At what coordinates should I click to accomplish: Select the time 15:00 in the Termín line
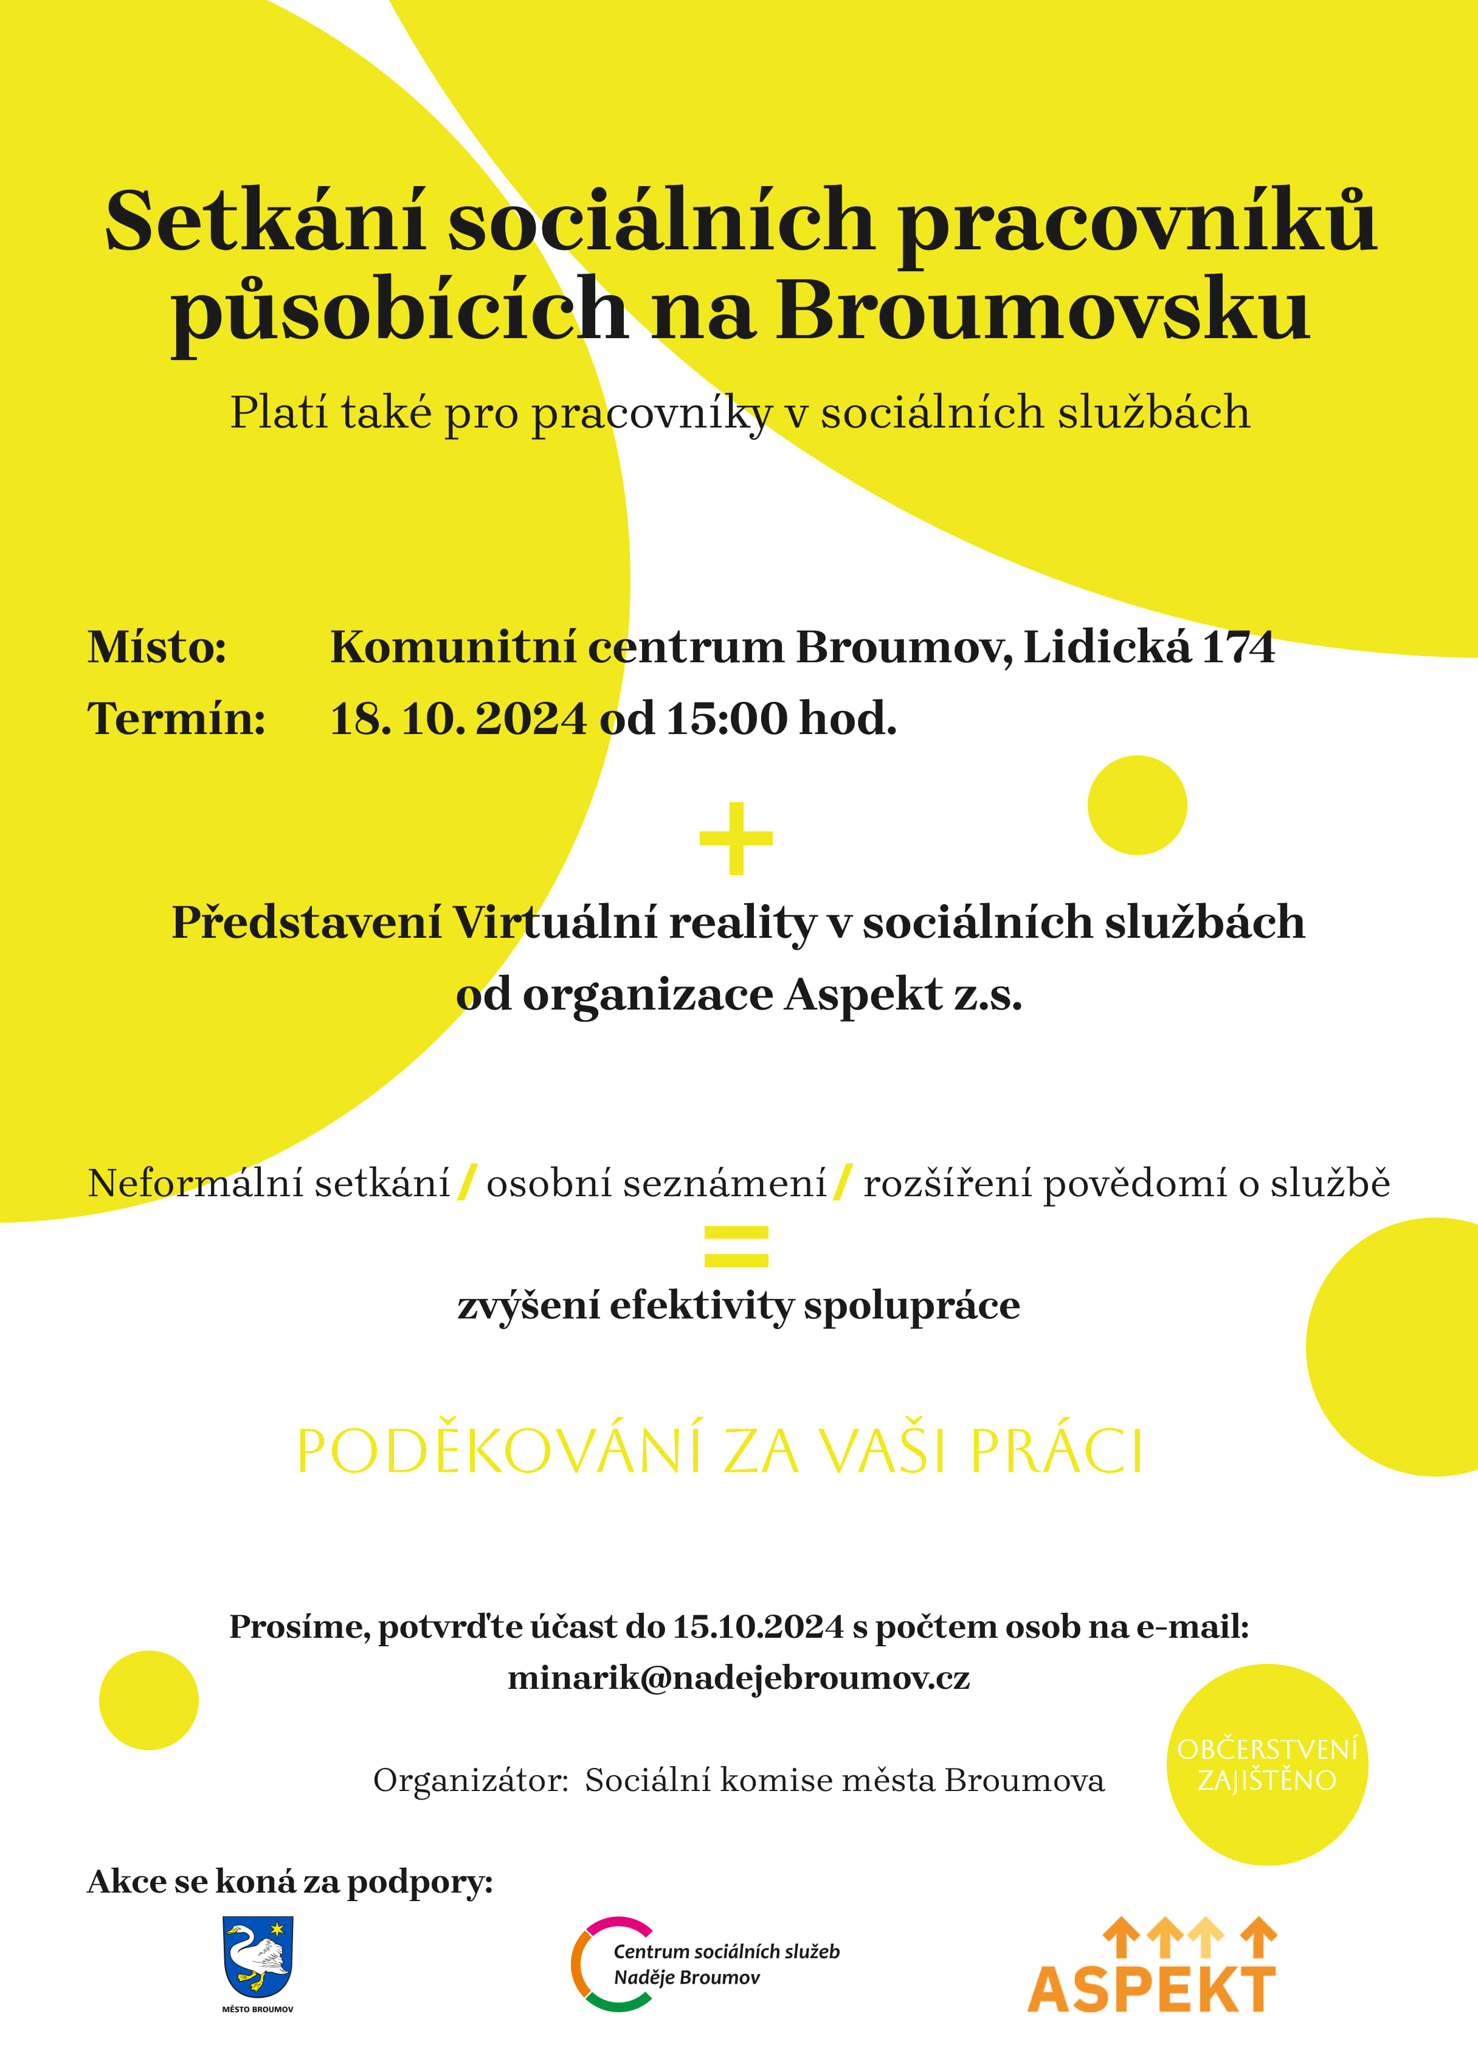(x=727, y=719)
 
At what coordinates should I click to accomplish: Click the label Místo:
(x=156, y=648)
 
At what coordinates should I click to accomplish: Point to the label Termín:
(x=176, y=719)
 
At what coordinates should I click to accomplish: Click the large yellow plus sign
(x=736, y=839)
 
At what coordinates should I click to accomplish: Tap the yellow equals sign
(x=736, y=1246)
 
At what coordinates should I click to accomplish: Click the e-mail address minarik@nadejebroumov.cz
(x=738, y=1677)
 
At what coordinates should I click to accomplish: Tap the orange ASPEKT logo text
(x=1152, y=1990)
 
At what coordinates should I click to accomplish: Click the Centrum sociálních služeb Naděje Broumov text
(x=725, y=1964)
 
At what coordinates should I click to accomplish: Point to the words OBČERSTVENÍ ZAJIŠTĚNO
(x=1267, y=1764)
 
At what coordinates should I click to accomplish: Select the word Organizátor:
(x=471, y=1779)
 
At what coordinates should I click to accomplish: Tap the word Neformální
(x=194, y=1183)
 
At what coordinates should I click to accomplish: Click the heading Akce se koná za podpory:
(x=289, y=1881)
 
